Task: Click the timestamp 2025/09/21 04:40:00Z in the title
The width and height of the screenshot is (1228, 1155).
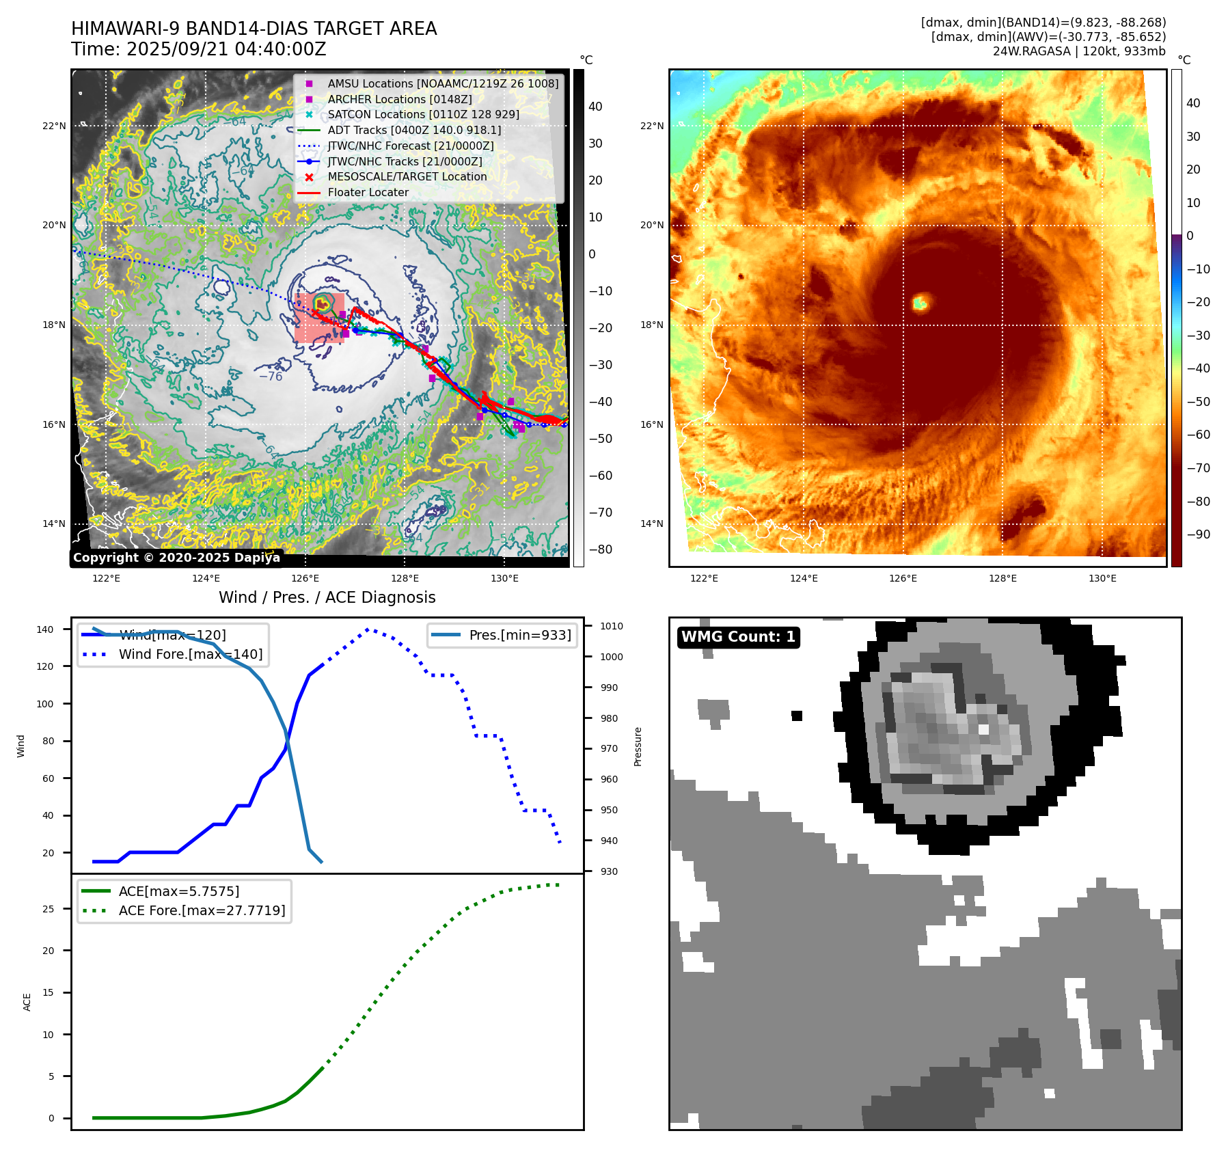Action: (x=226, y=50)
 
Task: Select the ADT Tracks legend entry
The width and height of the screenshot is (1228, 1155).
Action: (x=414, y=130)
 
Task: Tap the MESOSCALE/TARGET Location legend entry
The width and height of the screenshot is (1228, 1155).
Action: (x=407, y=176)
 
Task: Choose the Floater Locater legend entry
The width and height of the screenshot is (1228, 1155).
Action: (x=368, y=192)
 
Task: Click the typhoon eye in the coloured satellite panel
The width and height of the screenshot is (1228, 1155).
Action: (x=920, y=302)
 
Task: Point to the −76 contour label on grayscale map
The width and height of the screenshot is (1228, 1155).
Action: (x=271, y=377)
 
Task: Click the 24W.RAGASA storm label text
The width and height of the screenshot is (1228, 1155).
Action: (x=1031, y=51)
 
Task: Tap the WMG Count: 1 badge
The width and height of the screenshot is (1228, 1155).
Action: (x=738, y=637)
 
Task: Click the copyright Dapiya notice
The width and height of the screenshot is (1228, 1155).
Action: (x=176, y=558)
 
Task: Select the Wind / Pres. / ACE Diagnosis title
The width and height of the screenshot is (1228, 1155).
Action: (x=327, y=597)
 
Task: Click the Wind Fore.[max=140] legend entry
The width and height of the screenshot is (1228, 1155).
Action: (x=190, y=654)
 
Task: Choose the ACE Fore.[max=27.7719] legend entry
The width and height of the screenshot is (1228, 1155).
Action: (x=202, y=910)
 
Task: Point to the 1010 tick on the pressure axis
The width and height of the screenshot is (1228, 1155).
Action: (x=612, y=626)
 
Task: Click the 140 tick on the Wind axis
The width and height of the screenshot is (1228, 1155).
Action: (x=45, y=629)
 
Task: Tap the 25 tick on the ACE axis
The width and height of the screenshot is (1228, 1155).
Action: (x=48, y=909)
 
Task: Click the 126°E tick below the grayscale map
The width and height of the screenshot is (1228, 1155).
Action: (x=305, y=578)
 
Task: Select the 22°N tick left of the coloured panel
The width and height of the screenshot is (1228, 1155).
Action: (x=651, y=126)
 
